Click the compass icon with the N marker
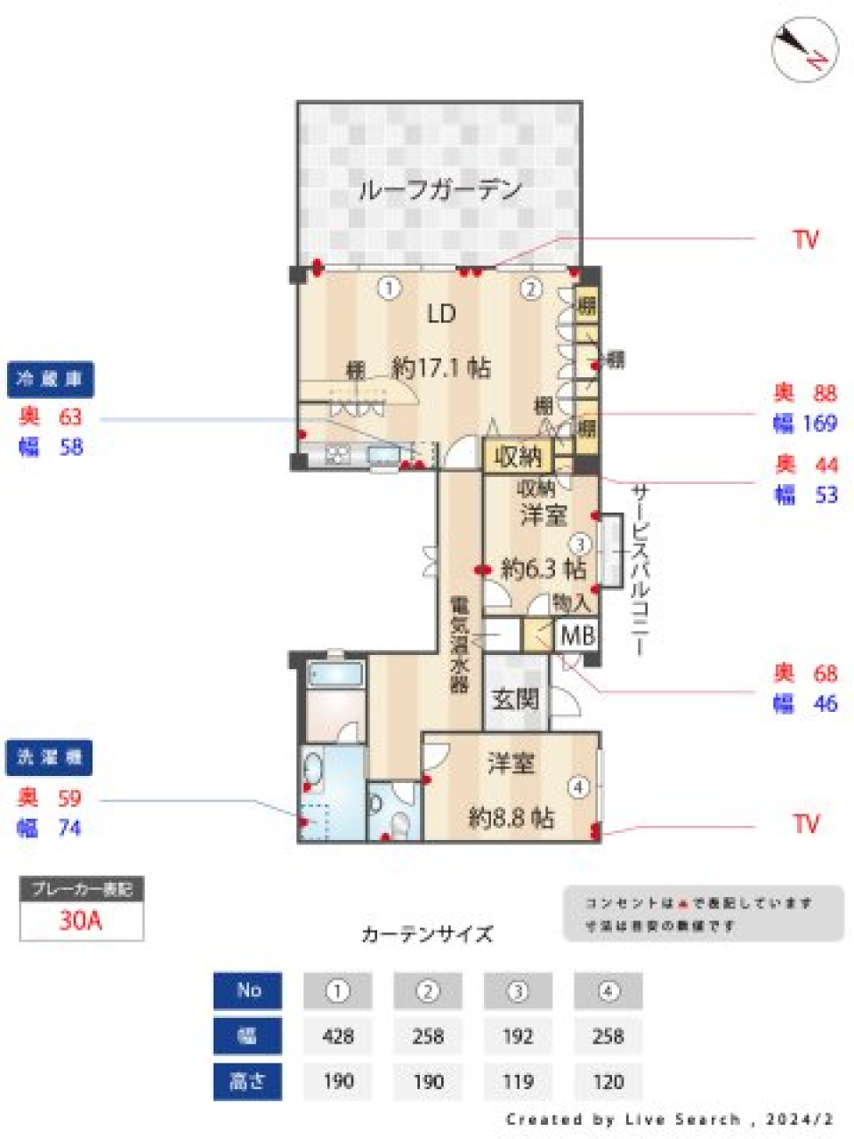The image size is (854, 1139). coord(804,49)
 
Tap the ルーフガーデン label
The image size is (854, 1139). coord(439,190)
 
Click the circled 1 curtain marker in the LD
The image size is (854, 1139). coord(389,288)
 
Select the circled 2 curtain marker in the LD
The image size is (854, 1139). coord(531,288)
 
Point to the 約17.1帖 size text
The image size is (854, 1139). coord(441,367)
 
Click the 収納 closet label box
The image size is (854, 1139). coord(518,457)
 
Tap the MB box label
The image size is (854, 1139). coord(577,635)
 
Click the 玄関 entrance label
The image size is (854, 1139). coord(516,699)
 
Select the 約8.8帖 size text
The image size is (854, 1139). coord(512,817)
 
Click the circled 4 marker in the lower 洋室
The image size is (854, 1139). coord(579,788)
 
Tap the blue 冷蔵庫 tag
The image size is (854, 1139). coord(51,380)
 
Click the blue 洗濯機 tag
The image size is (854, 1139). coord(51,757)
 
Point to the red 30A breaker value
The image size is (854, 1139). coord(81,920)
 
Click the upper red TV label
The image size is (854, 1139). coord(805,239)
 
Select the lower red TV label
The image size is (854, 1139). coord(805,824)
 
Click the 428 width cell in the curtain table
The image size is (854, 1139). coord(338,1036)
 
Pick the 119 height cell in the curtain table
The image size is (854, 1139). coord(518,1082)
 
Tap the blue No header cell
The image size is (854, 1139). coord(248,990)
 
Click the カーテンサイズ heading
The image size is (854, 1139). coord(427,934)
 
